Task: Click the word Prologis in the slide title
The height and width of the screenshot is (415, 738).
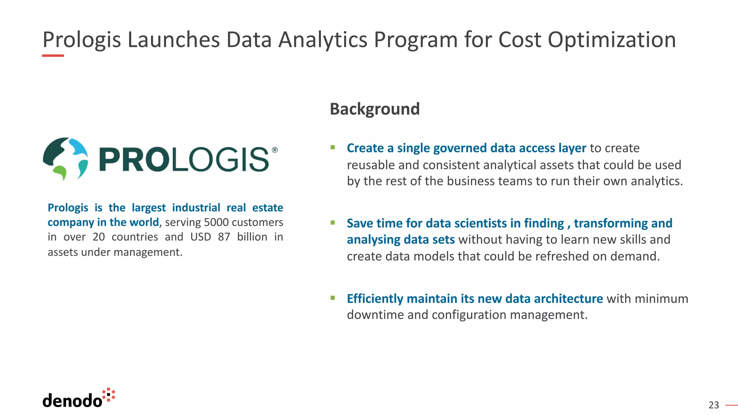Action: (81, 40)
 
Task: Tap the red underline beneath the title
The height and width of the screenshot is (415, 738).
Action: (53, 55)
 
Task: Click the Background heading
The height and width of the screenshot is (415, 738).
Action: (374, 109)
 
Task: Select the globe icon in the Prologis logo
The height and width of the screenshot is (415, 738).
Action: (66, 159)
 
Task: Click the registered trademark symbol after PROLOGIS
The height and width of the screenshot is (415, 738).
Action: (275, 150)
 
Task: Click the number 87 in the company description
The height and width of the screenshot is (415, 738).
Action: (224, 237)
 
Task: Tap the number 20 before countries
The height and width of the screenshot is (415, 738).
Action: (98, 237)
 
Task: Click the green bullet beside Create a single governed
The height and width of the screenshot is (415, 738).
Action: (333, 147)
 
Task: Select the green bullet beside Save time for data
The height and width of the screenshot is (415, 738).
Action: (333, 223)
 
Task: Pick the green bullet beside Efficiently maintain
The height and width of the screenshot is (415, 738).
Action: (333, 298)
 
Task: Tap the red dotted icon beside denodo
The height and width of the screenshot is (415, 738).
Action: (108, 395)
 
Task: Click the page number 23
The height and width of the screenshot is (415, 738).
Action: (713, 405)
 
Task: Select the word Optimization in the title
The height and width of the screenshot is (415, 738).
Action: (612, 40)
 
